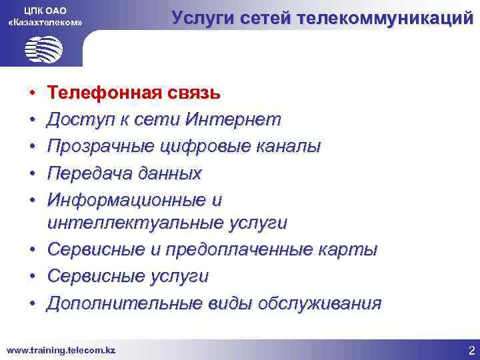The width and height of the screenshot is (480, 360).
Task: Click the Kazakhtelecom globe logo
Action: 43,49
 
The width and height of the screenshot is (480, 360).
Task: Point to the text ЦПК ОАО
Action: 45,9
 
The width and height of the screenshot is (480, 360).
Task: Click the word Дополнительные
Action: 120,303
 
